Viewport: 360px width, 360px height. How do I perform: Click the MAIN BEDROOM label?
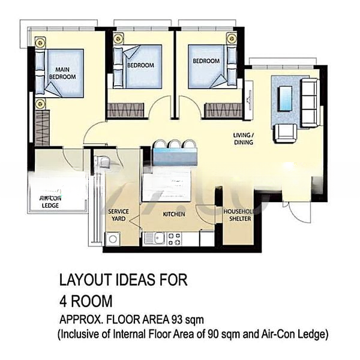62,73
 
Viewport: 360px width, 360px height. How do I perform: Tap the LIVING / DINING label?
244,139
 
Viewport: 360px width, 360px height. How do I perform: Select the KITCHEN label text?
174,214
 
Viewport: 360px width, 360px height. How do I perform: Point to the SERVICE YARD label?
118,215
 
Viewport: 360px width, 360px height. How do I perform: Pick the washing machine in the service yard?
112,239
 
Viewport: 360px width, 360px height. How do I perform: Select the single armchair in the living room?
283,132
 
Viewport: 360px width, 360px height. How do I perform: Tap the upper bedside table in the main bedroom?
40,43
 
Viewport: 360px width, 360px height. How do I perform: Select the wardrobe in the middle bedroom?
126,110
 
